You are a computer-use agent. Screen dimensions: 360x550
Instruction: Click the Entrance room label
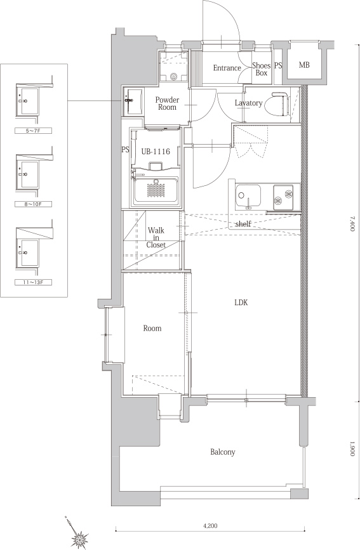[x=227, y=68]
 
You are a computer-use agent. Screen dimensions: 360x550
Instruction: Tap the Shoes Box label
[x=262, y=69]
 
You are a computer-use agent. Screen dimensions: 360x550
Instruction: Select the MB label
[x=304, y=65]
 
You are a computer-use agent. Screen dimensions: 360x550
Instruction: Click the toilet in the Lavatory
[x=277, y=104]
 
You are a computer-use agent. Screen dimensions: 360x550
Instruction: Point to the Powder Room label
[x=167, y=103]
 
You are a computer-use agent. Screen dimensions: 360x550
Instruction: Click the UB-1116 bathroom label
[x=156, y=152]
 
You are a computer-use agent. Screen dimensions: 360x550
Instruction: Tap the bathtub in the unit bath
[x=156, y=190]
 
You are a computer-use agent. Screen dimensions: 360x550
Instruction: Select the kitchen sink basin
[x=248, y=196]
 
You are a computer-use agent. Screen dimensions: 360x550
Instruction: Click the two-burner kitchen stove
[x=283, y=197]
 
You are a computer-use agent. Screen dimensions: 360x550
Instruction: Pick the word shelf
[x=243, y=224]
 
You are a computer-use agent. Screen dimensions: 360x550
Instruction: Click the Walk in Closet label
[x=156, y=237]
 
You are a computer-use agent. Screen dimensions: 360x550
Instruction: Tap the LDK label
[x=241, y=303]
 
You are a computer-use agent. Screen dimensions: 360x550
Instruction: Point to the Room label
[x=152, y=329]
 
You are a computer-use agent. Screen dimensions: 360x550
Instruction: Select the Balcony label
[x=223, y=452]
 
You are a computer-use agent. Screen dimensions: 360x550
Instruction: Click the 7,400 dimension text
[x=352, y=223]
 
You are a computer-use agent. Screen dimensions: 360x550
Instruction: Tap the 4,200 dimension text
[x=210, y=526]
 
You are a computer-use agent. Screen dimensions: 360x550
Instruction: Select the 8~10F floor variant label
[x=34, y=204]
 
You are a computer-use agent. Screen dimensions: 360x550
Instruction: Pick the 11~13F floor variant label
[x=34, y=282]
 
